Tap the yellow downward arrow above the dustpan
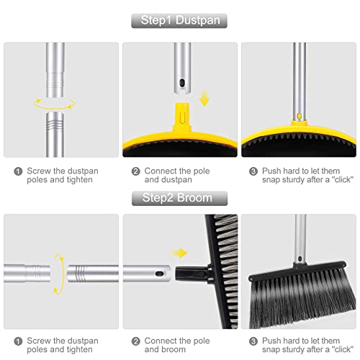204,97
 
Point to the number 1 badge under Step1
17,171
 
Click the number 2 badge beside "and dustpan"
135,171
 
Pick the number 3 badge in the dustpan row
253,171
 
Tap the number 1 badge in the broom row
17,341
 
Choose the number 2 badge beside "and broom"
135,341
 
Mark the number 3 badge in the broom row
253,341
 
